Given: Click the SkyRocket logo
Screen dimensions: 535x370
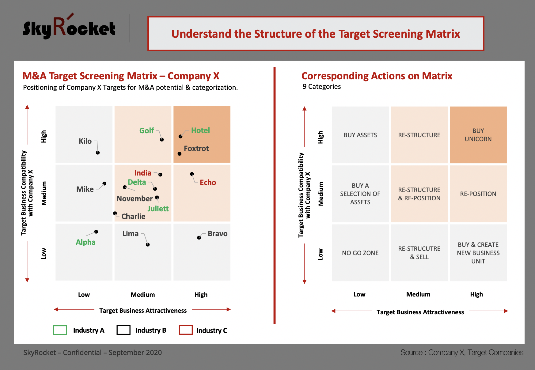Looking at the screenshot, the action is tap(69, 27).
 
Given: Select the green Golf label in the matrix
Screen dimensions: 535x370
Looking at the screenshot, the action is tap(146, 130).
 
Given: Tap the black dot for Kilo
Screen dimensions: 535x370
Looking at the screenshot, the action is tap(98, 153).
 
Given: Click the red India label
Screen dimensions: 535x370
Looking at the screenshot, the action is tap(143, 173).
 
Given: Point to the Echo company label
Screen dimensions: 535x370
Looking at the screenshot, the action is tap(208, 183).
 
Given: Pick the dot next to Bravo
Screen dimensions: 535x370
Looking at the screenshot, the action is tap(199, 237).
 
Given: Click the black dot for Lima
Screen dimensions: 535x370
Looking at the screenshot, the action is tap(148, 244).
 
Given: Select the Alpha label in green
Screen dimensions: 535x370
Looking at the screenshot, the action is tap(85, 242).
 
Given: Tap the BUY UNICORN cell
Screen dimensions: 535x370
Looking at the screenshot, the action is tap(478, 135).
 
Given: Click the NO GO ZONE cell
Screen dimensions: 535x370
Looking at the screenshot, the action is tap(360, 253).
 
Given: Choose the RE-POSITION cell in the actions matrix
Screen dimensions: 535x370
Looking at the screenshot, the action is tap(478, 194).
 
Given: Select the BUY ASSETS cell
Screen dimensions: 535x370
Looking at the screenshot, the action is tap(360, 135).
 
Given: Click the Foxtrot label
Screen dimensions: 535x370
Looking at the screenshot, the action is tap(196, 149).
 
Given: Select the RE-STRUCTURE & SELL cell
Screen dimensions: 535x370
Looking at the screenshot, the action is tap(419, 253).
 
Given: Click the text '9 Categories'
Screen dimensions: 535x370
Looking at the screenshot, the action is tap(322, 87).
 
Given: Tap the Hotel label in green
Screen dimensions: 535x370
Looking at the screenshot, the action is tap(200, 130).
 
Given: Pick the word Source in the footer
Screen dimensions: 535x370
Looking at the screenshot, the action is tap(412, 353).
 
